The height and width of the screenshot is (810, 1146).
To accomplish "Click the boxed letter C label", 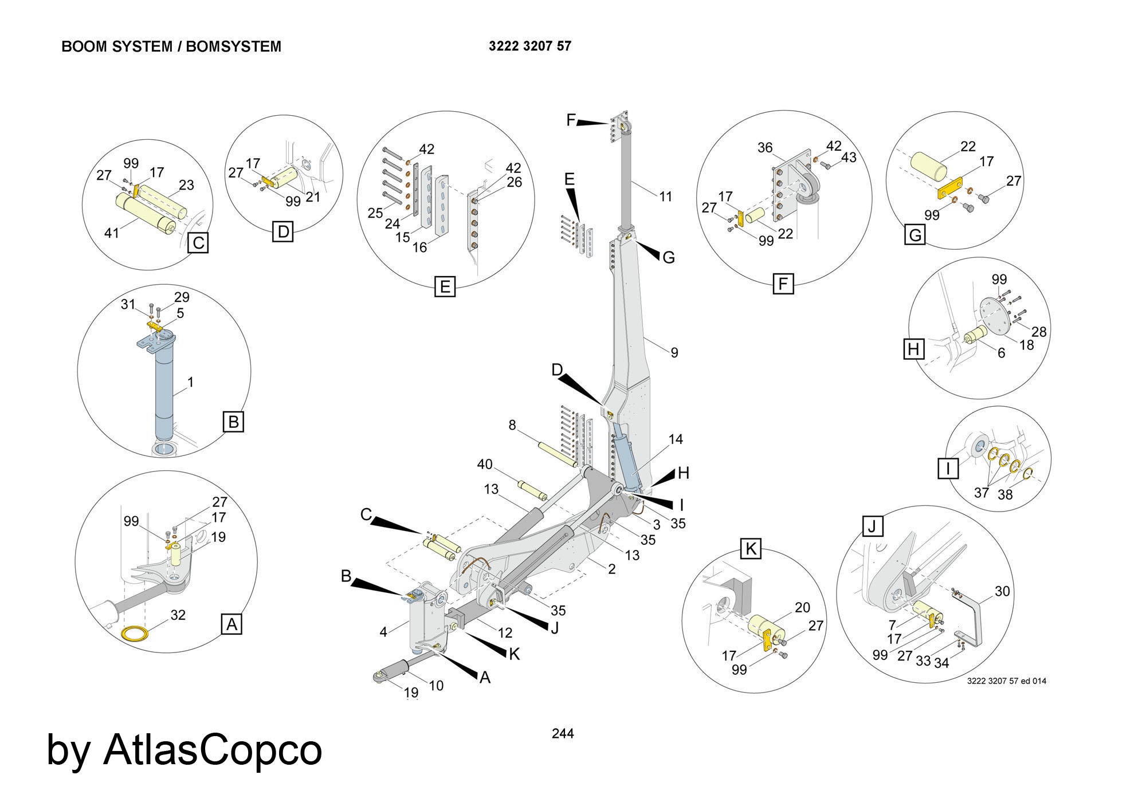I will pyautogui.click(x=198, y=243).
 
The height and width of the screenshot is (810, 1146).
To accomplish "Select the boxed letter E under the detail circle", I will pyautogui.click(x=445, y=286).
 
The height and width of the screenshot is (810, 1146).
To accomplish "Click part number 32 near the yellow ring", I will pyautogui.click(x=178, y=615).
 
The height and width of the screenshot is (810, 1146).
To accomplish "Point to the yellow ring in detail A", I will pyautogui.click(x=135, y=634).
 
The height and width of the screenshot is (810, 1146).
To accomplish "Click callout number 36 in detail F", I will pyautogui.click(x=765, y=148).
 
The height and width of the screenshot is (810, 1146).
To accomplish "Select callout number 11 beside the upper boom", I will pyautogui.click(x=665, y=196).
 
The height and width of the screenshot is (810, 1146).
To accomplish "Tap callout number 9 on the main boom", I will pyautogui.click(x=674, y=353).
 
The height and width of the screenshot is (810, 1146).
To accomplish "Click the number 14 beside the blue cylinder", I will pyautogui.click(x=676, y=439).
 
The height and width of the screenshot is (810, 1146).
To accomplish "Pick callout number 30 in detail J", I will pyautogui.click(x=1002, y=591).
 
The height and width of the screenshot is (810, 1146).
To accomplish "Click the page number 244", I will pyautogui.click(x=563, y=733).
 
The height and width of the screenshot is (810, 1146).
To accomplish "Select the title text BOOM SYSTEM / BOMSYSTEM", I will pyautogui.click(x=171, y=47).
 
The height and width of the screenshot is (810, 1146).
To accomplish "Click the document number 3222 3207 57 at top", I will pyautogui.click(x=529, y=46).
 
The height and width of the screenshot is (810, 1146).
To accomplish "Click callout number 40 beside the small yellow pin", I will pyautogui.click(x=485, y=464).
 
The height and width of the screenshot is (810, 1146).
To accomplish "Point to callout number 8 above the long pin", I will pyautogui.click(x=512, y=425).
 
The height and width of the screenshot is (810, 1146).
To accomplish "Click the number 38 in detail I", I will pyautogui.click(x=1005, y=494).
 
